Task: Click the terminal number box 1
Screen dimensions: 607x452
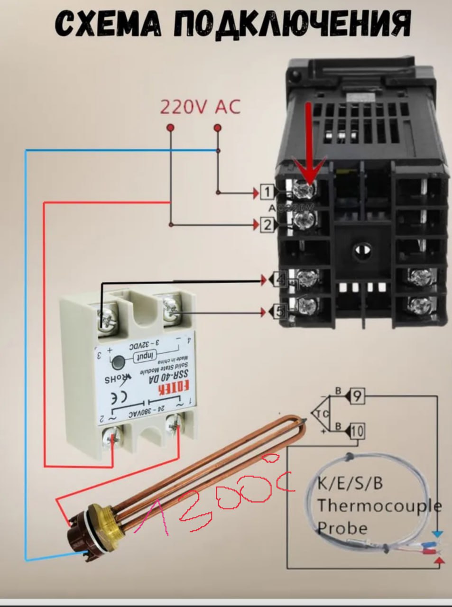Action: (x=267, y=192)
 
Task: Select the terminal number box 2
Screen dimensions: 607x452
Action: (x=267, y=224)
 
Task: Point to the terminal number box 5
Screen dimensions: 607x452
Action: (x=280, y=312)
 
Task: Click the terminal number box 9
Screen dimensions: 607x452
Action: (x=357, y=396)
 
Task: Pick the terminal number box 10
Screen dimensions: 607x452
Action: (x=357, y=431)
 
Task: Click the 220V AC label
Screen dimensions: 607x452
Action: (x=200, y=107)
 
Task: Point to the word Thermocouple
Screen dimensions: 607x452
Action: (x=379, y=506)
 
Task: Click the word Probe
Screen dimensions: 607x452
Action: (x=342, y=527)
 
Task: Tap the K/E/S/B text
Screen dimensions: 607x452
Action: (x=350, y=484)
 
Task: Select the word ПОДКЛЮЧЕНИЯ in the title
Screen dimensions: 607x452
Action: (x=289, y=24)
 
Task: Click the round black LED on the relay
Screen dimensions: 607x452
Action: (x=117, y=363)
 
